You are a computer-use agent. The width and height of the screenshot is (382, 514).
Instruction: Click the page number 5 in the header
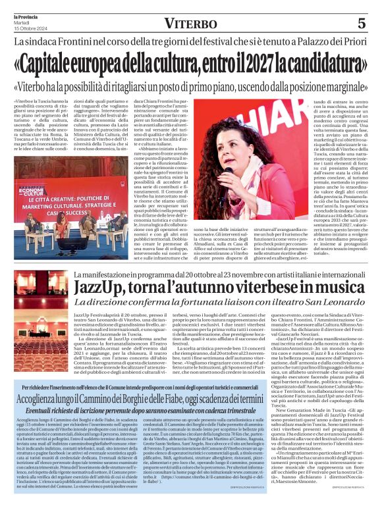point(362,23)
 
